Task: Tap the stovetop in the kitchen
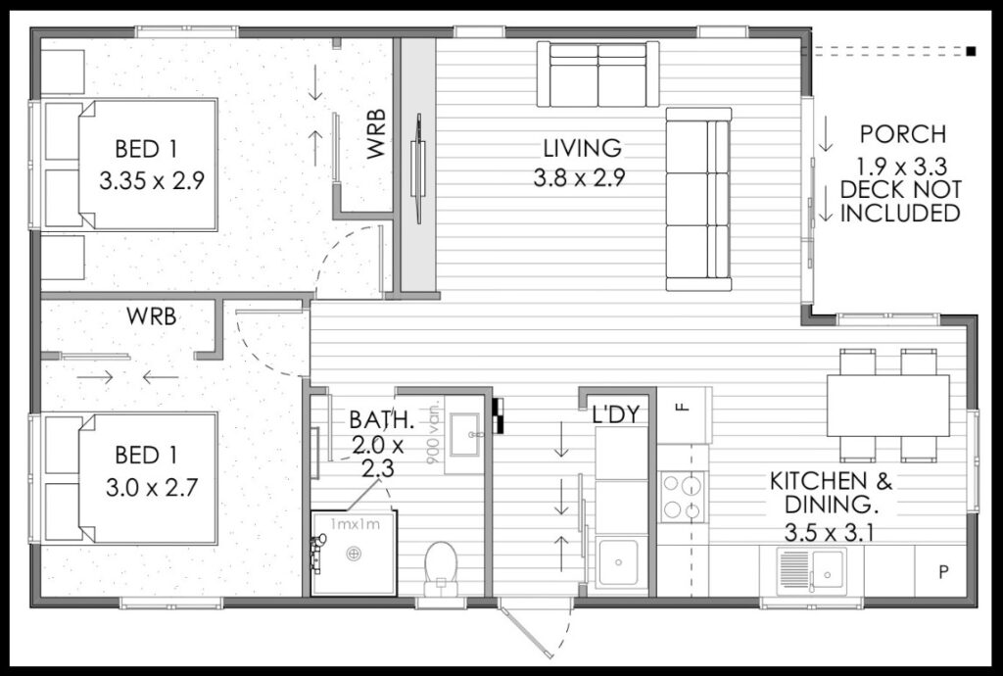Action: [682, 497]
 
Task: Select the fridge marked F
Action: [685, 415]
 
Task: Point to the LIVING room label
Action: [582, 148]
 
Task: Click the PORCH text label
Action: [902, 134]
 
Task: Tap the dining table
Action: [887, 406]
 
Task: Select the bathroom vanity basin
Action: [463, 434]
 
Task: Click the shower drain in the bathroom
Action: [353, 554]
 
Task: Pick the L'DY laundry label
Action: [615, 415]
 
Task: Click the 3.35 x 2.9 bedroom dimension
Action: [152, 180]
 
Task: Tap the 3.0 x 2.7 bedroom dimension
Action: [152, 489]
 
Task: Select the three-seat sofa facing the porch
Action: [697, 199]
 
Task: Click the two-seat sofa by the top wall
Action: [598, 73]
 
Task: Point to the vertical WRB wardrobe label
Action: [376, 133]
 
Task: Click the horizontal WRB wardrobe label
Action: [151, 315]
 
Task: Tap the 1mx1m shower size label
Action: [355, 524]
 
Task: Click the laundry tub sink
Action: [618, 562]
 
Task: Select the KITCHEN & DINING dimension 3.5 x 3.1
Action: [830, 531]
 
